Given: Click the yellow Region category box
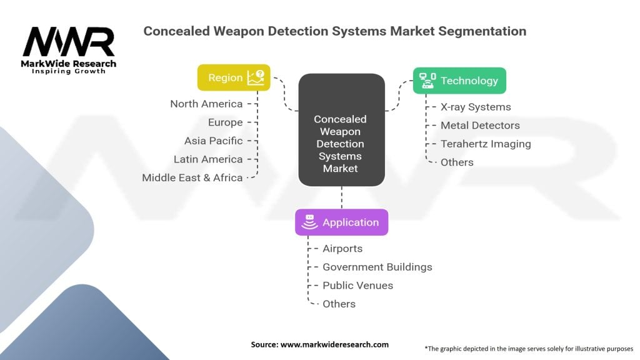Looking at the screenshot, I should [234, 77].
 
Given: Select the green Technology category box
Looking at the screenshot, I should [459, 81].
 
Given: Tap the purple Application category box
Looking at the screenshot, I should [341, 222].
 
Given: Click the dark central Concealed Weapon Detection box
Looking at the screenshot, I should [341, 130].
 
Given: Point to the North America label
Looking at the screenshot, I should [206, 104].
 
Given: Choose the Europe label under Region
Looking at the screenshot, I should [225, 122].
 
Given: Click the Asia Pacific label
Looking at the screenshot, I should [213, 141].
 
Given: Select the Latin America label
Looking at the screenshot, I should [208, 159].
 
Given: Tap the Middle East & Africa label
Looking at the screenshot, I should [192, 177].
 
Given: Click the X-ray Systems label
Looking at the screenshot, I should [476, 107].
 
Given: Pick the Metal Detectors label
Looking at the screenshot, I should [480, 126].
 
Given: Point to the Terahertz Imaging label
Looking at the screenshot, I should [486, 144].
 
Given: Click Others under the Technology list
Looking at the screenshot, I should [457, 162].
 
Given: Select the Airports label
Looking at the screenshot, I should [342, 249].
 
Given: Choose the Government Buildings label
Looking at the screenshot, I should [377, 267].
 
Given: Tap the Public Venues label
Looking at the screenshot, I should [357, 286].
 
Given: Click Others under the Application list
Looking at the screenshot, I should [339, 304].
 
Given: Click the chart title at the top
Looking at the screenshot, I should [334, 31].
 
